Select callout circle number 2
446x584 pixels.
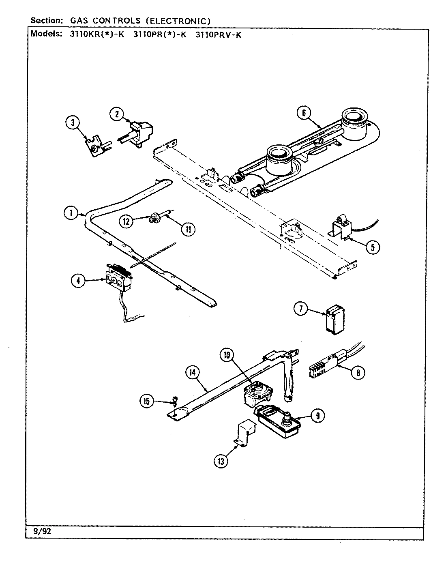coord(117,114)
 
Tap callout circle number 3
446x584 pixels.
coord(73,123)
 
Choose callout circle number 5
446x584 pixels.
coord(373,247)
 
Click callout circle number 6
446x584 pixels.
coord(304,113)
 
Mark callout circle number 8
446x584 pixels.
coord(358,372)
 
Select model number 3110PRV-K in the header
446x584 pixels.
coord(218,34)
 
